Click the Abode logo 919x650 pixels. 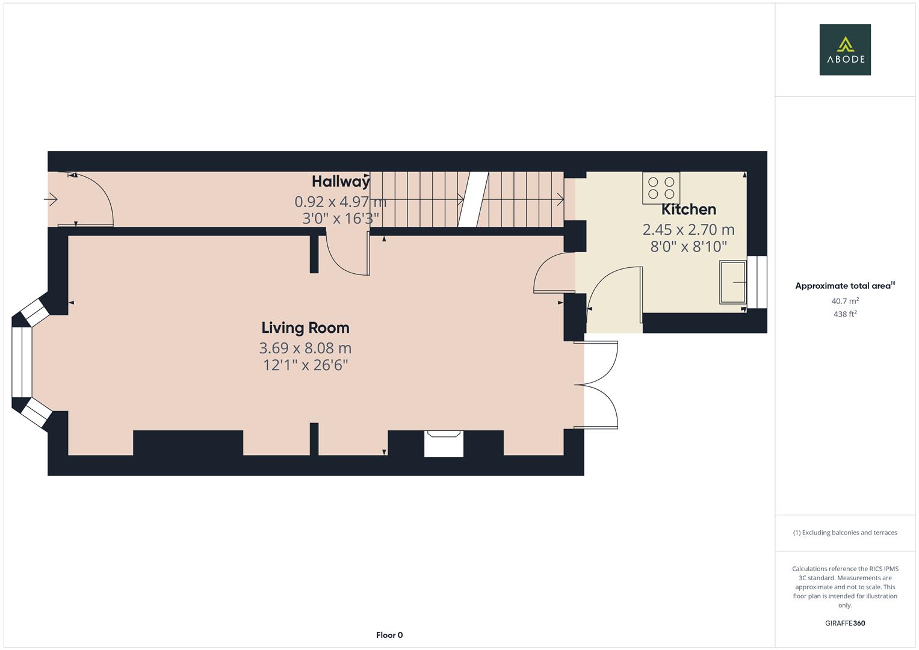tap(844, 49)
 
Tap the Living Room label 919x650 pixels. tap(305, 328)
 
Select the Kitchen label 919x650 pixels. tap(688, 209)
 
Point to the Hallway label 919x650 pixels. tap(340, 181)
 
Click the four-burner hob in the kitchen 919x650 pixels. tap(661, 188)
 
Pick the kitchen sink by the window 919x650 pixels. tap(732, 282)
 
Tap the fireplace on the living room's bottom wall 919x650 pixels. tap(444, 444)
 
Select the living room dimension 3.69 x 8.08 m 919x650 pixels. tap(305, 348)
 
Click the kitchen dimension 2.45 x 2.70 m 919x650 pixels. tap(688, 229)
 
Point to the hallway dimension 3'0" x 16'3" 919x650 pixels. tap(340, 218)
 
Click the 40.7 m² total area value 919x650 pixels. tap(844, 301)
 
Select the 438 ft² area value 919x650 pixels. tap(844, 314)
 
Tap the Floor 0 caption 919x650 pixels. tap(389, 635)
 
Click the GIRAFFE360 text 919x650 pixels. tap(844, 624)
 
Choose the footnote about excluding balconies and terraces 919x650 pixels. tap(844, 533)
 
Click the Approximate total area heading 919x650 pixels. tap(844, 286)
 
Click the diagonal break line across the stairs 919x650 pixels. tap(472, 199)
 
